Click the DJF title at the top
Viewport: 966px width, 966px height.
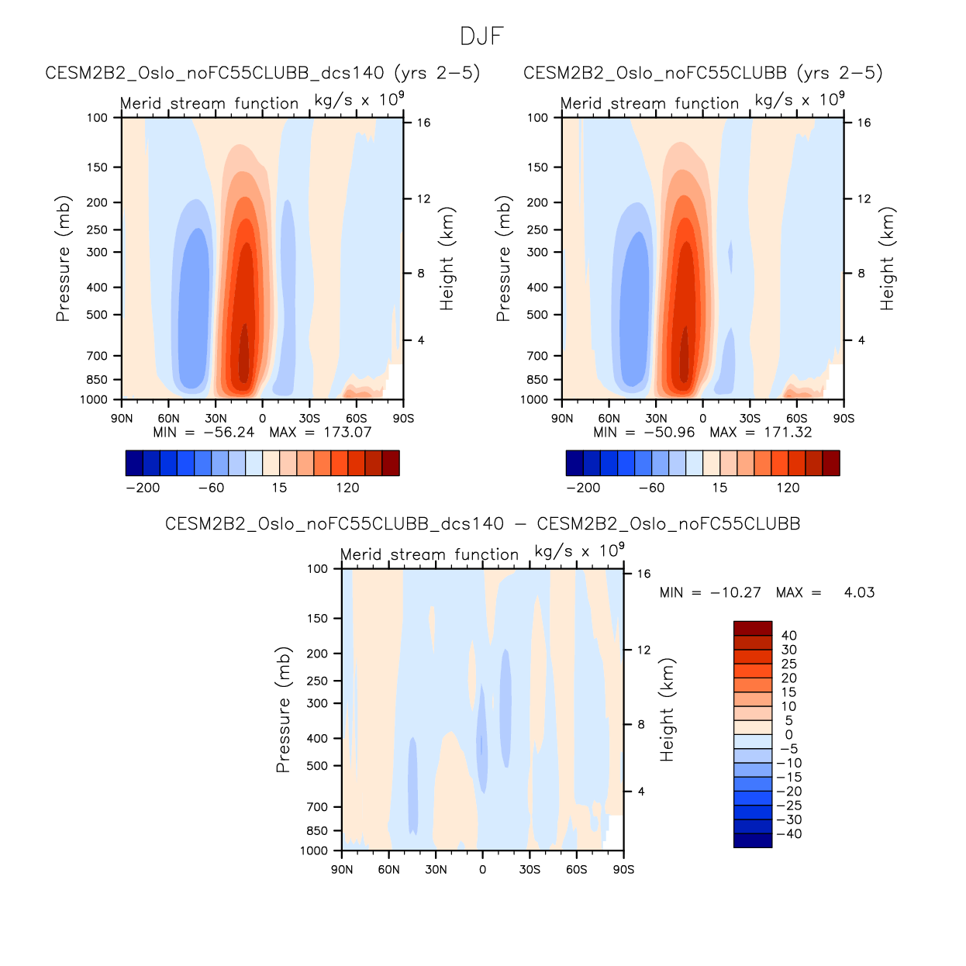click(481, 36)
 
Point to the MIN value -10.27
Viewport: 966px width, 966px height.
click(735, 593)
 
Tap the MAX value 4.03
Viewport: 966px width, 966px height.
click(859, 593)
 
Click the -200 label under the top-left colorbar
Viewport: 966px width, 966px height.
click(143, 488)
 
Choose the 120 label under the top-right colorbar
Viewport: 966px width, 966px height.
click(788, 488)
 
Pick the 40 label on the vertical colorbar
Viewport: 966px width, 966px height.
click(788, 636)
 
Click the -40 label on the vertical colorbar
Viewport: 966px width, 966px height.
click(788, 834)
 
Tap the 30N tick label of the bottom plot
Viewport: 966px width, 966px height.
click(436, 870)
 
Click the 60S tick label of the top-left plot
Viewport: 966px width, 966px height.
click(356, 419)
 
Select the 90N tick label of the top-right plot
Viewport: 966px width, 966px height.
click(562, 419)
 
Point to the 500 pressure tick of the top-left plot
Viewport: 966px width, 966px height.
click(97, 315)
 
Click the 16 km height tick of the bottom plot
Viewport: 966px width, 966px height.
click(643, 574)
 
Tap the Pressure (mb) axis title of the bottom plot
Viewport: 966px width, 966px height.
click(283, 709)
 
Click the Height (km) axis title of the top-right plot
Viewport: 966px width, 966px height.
click(887, 259)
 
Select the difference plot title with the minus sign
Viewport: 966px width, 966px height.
click(482, 524)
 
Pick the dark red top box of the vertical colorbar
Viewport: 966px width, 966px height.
click(753, 628)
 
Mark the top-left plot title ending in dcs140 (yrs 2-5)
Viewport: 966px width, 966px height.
click(263, 73)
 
